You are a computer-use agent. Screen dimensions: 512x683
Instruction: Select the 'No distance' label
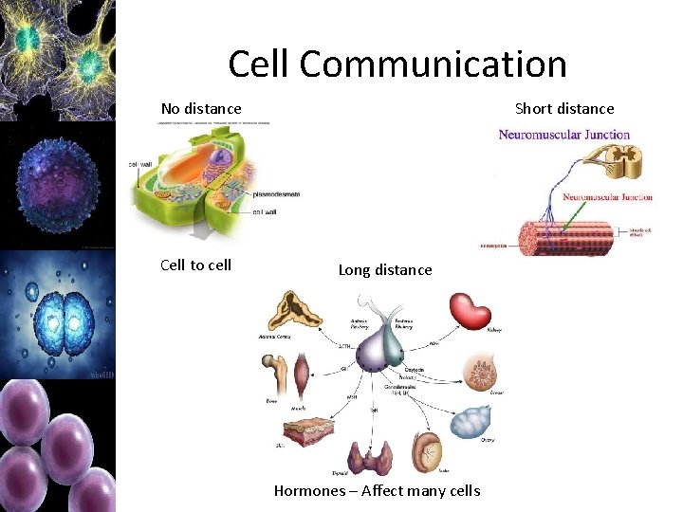click(201, 109)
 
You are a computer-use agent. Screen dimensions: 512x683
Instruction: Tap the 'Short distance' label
click(564, 109)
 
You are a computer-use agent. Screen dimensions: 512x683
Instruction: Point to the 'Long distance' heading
click(385, 270)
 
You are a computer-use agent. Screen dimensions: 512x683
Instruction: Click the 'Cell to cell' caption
click(196, 265)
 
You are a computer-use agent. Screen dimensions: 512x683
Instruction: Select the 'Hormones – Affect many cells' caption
click(377, 490)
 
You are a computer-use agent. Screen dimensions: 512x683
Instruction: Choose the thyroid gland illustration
click(370, 457)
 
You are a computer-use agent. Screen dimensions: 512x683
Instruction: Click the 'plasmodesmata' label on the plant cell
click(276, 194)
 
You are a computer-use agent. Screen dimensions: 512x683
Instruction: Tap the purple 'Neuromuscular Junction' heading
click(564, 135)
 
